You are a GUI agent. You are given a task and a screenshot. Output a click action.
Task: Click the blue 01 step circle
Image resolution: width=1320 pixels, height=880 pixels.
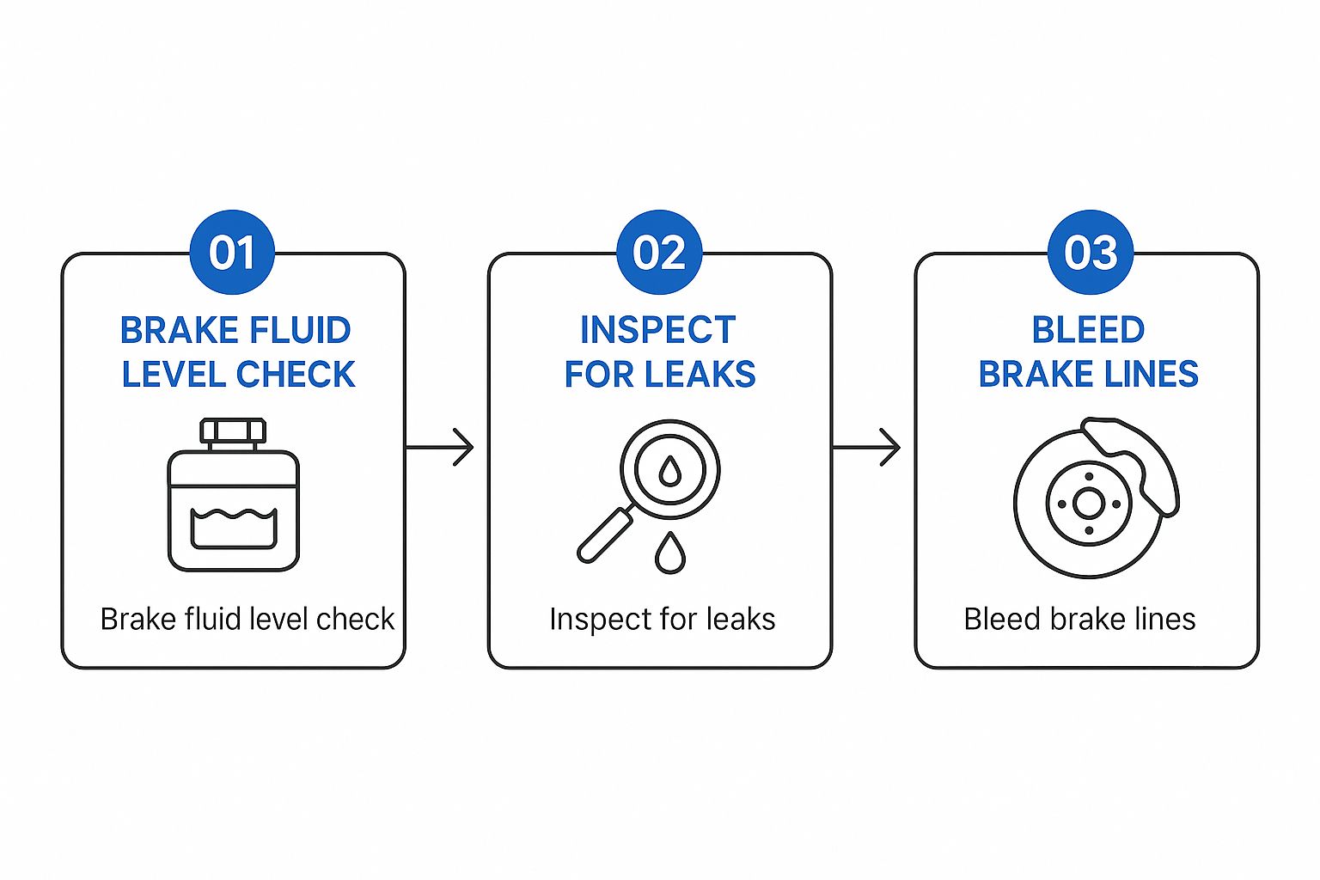(x=232, y=253)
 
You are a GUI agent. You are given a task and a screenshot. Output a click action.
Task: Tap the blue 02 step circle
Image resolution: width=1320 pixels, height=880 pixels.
(x=659, y=253)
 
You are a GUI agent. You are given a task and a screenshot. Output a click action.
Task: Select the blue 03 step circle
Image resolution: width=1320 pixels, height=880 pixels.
(x=1091, y=253)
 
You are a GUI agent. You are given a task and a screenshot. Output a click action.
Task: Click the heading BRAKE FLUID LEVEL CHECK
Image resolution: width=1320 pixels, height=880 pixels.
(x=236, y=352)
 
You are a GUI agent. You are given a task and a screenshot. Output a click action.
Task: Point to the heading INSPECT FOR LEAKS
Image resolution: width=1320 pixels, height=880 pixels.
(x=659, y=352)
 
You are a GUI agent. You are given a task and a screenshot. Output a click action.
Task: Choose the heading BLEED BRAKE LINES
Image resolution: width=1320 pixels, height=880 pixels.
(x=1088, y=352)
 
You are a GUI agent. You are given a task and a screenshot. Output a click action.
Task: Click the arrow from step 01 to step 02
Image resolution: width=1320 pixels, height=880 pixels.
(x=439, y=448)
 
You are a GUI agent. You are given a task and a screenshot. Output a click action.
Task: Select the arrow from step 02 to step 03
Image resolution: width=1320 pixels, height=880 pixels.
(x=866, y=448)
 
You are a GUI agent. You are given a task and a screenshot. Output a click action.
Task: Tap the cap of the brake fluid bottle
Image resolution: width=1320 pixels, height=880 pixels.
(x=233, y=432)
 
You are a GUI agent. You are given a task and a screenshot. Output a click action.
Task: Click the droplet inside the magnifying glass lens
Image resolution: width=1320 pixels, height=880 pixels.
(x=669, y=470)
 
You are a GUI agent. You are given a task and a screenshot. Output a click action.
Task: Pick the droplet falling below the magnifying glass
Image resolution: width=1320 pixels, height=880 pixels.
(x=669, y=553)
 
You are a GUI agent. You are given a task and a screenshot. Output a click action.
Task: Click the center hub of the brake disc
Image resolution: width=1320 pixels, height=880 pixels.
(x=1089, y=504)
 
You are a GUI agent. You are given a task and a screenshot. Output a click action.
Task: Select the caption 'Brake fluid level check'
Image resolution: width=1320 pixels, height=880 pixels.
(x=247, y=619)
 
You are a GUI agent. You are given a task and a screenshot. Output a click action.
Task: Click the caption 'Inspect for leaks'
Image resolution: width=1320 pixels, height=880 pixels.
(x=662, y=619)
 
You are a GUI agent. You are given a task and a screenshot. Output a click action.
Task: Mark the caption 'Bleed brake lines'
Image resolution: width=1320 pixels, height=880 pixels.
(x=1079, y=619)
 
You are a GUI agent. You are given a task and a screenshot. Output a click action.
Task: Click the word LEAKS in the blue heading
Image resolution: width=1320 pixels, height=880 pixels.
(x=700, y=375)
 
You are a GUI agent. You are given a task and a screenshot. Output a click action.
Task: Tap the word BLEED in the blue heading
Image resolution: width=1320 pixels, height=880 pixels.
(x=1088, y=330)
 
